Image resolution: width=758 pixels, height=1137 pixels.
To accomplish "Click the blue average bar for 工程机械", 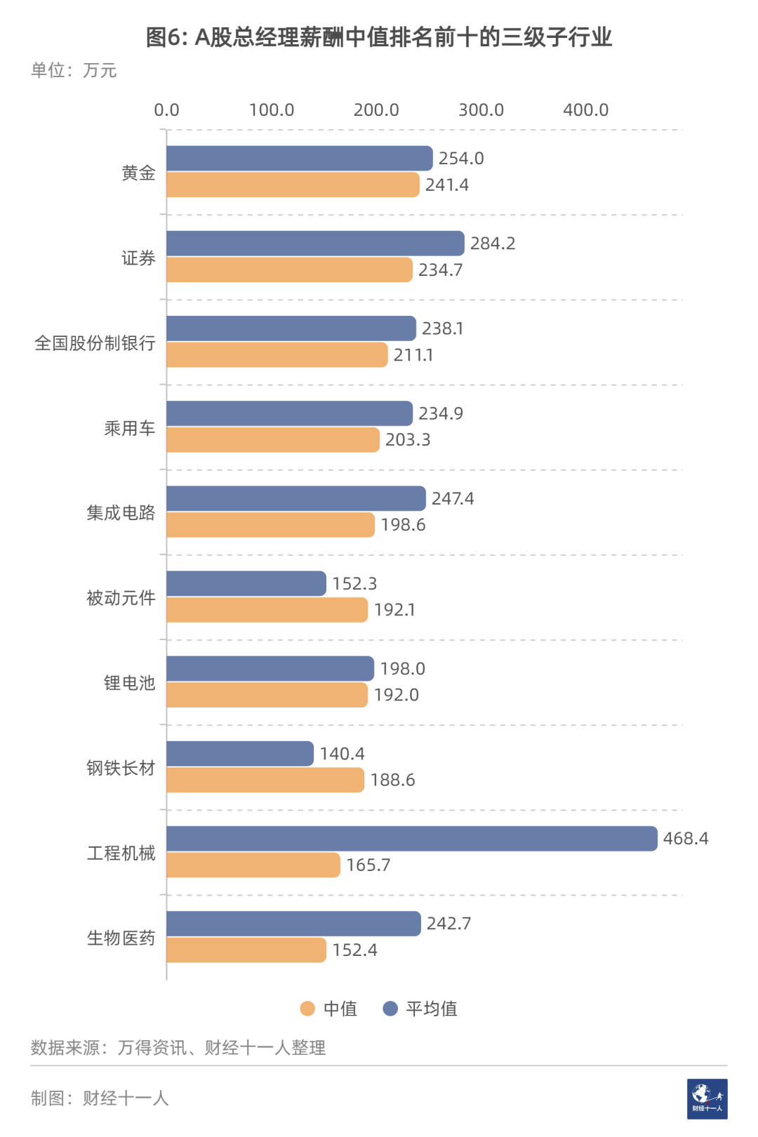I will (412, 839).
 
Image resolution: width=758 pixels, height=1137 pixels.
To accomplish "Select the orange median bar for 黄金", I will (293, 185).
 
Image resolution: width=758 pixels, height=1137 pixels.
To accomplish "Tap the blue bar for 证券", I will (315, 244).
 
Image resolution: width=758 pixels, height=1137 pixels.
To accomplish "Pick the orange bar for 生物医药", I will (246, 950).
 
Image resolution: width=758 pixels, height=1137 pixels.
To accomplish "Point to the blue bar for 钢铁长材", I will (240, 754).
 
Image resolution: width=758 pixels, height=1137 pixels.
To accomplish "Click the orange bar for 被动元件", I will (267, 610).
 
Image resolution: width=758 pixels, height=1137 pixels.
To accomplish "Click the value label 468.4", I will (686, 839).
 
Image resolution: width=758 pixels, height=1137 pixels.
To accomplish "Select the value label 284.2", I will (493, 244).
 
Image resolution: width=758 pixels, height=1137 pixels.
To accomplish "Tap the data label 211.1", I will (413, 355).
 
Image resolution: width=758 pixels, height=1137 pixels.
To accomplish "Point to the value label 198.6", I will (403, 525).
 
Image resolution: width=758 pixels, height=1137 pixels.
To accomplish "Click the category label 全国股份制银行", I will (95, 343).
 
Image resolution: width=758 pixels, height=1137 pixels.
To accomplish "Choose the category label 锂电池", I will (129, 683).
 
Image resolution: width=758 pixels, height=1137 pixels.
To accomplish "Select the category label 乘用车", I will (129, 428).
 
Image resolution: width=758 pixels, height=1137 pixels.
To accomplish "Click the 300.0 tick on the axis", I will (481, 110).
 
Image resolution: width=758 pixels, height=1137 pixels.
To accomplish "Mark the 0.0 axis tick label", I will (166, 110).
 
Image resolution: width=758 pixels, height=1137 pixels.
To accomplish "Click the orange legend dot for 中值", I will (307, 1009).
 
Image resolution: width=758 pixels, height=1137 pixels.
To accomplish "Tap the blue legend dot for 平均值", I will (390, 1009).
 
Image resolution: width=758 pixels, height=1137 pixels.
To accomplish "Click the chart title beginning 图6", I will (379, 37).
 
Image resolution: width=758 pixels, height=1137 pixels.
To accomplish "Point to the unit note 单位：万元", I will (74, 70).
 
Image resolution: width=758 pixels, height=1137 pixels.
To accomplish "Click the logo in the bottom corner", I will (707, 1098).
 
